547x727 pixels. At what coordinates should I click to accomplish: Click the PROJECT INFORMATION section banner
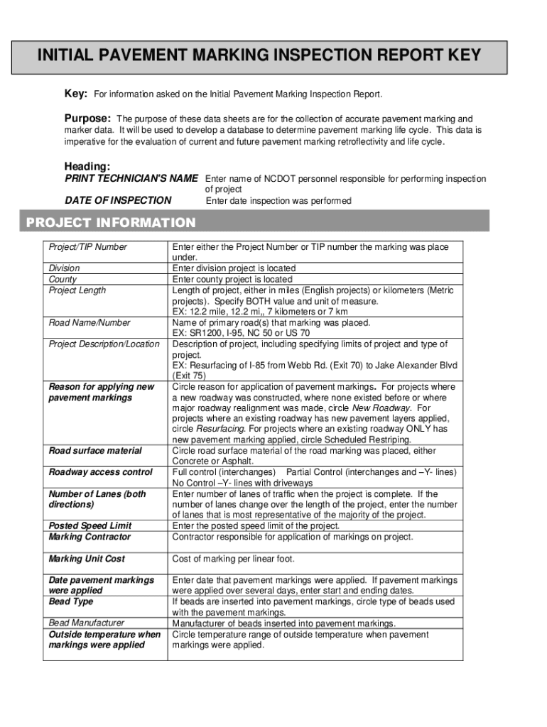111,223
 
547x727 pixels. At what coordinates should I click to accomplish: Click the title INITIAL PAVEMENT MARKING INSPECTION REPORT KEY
259,56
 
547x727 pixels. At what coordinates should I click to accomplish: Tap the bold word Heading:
87,166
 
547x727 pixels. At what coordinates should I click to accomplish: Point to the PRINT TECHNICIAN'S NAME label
131,179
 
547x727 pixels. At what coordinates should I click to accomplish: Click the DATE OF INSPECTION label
118,201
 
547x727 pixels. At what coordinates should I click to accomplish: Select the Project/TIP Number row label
87,247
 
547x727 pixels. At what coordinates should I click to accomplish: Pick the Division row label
64,268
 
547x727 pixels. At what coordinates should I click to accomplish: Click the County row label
63,279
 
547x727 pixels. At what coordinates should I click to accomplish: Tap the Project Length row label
77,290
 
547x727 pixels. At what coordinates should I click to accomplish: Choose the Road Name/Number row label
89,322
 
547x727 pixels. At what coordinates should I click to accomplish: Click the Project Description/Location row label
104,344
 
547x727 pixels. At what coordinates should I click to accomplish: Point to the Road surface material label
94,451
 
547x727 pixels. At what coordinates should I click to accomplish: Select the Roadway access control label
100,472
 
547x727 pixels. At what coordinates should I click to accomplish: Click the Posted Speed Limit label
90,526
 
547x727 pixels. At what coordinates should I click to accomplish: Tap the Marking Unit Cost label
87,559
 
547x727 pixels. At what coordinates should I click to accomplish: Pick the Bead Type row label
70,601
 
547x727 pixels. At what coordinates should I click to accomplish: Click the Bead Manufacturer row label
86,623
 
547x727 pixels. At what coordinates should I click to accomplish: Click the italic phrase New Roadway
381,408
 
